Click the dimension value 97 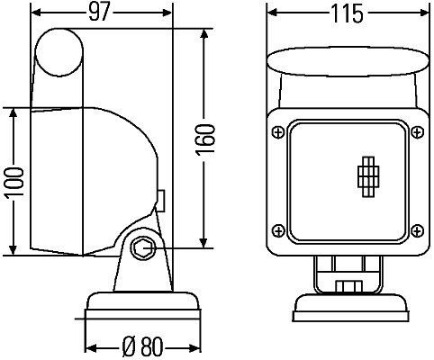[x=102, y=13]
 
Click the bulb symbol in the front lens [x=366, y=176]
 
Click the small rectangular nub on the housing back [x=160, y=198]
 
